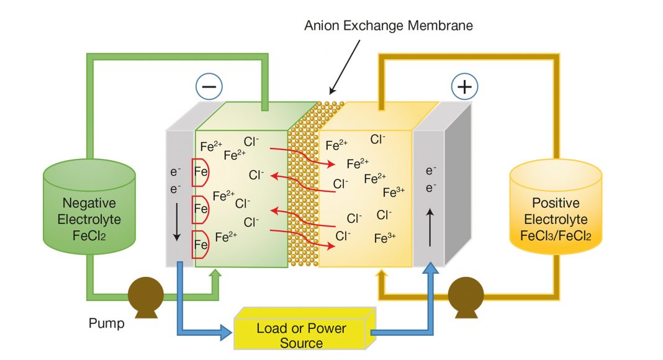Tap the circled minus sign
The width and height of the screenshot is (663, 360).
point(209,88)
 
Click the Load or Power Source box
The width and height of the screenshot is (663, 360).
point(302,335)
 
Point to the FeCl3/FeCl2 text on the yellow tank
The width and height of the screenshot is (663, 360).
point(556,235)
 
